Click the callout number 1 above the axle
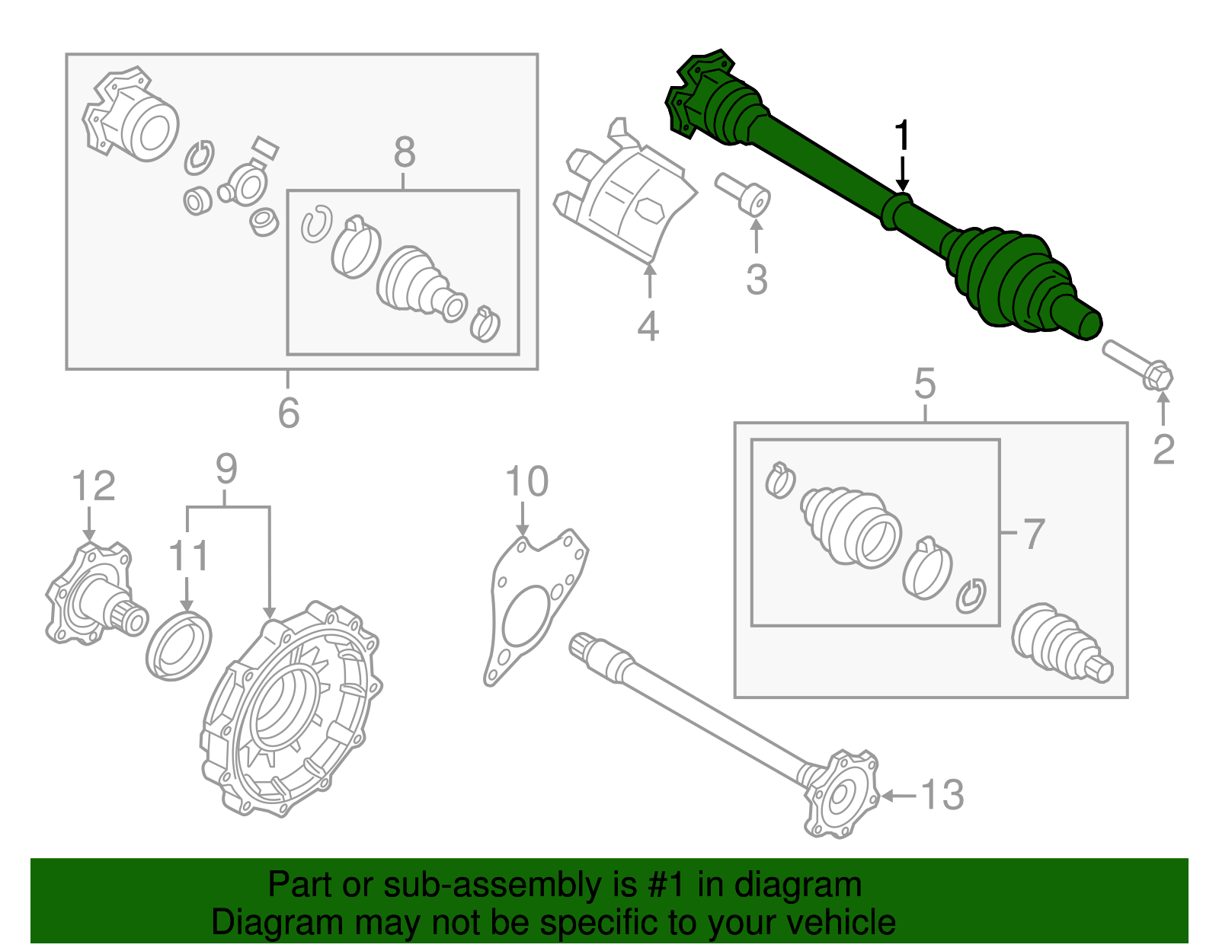(902, 136)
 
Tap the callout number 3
(756, 279)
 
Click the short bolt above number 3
(743, 193)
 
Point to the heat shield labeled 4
(625, 198)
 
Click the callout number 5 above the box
(924, 384)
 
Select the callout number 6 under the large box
(288, 413)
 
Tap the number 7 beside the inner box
(1033, 534)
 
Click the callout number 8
(405, 152)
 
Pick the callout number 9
(226, 469)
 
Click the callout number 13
(942, 796)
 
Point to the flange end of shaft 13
(842, 796)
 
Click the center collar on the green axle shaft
(897, 211)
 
